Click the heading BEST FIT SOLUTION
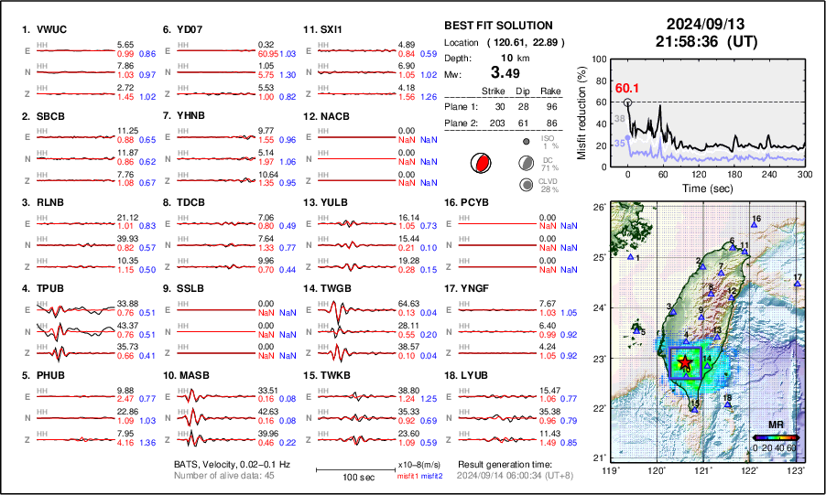coord(497,26)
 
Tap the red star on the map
coord(685,363)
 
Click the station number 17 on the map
coord(798,277)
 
